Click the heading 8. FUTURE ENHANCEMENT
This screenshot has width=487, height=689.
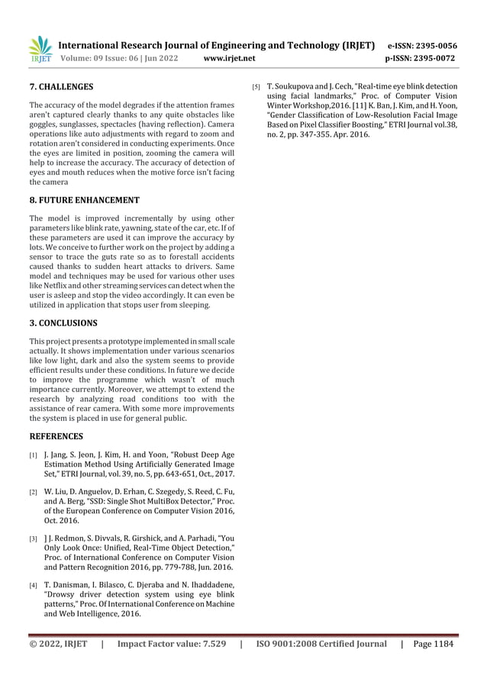[x=84, y=200]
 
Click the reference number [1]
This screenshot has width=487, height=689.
[x=34, y=456]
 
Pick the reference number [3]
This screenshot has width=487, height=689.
[x=34, y=539]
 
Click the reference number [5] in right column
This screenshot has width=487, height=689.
[x=257, y=87]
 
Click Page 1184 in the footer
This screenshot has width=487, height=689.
[x=433, y=644]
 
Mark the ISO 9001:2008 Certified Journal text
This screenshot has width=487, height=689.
[x=321, y=644]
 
